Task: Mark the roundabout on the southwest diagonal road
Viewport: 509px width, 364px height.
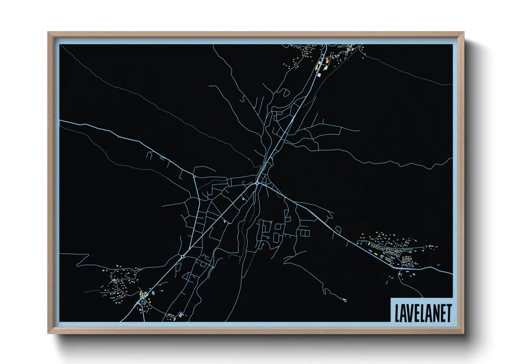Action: pos(182,256)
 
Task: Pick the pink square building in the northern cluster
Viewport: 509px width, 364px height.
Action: pos(319,74)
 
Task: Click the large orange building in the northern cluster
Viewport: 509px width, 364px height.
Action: pos(327,61)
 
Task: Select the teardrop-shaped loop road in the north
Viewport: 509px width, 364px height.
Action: pos(284,92)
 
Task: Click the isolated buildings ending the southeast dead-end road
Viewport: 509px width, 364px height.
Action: pos(344,299)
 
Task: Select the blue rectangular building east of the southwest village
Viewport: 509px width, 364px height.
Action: pos(153,292)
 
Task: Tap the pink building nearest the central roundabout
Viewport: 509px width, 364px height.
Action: pos(244,199)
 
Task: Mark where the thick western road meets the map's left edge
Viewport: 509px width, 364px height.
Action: pos(61,120)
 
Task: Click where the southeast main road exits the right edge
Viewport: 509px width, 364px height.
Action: pos(452,274)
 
